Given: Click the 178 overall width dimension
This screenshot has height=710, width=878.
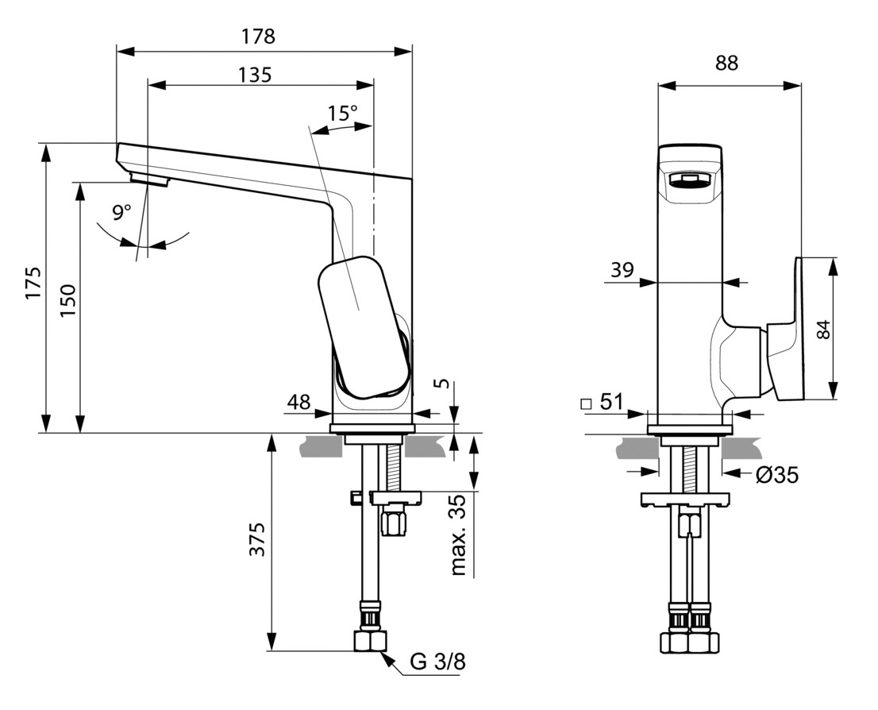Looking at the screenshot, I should [x=259, y=37].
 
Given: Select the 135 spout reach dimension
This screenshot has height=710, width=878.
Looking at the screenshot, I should [x=255, y=75].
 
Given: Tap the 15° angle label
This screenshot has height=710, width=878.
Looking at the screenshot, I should [x=342, y=113].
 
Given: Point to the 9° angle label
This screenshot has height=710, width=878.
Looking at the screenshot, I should [x=121, y=212].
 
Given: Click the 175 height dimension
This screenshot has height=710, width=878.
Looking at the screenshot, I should [x=33, y=283].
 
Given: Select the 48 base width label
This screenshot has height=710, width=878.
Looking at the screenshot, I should [x=298, y=403].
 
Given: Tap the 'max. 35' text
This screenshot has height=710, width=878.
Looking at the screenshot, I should [x=458, y=537].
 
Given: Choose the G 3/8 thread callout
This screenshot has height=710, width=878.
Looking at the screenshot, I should [x=437, y=662].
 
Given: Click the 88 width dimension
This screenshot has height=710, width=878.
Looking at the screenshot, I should [x=726, y=63].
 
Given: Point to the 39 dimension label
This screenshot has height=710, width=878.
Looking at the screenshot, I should [x=622, y=271].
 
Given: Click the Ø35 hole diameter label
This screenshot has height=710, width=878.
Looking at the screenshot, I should [x=776, y=476].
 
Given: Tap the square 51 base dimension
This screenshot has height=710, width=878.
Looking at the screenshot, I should [x=603, y=403].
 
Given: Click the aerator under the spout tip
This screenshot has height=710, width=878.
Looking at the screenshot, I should [x=150, y=179].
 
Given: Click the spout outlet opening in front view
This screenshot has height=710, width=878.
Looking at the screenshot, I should [x=688, y=180].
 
